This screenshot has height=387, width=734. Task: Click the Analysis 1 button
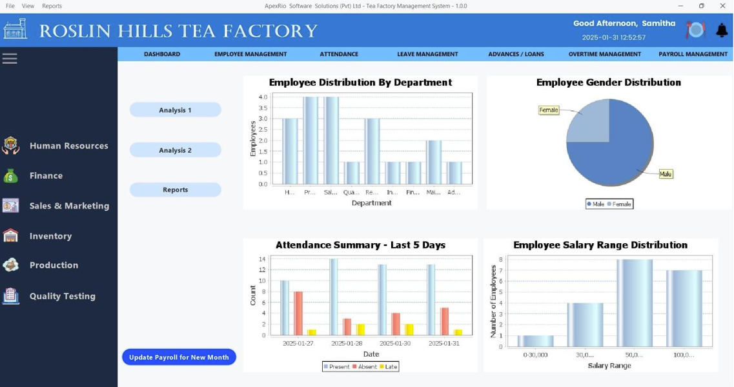[x=175, y=110]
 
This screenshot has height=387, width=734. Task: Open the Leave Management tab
[x=427, y=54]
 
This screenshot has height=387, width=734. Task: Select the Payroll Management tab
[x=693, y=54]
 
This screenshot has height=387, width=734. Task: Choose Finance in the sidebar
[x=46, y=175]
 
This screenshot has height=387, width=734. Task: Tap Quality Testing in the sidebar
[x=62, y=296]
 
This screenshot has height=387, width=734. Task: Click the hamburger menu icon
[x=10, y=59]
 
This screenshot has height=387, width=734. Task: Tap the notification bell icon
[x=722, y=30]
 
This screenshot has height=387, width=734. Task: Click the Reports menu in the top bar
[x=52, y=6]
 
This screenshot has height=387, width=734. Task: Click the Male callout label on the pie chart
[x=666, y=174]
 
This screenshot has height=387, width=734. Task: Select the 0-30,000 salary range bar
[x=535, y=341]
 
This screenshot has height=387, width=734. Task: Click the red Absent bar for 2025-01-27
[x=298, y=313]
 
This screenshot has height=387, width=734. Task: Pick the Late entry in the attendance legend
[x=389, y=366]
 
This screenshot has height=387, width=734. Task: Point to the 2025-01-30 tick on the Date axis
[x=396, y=343]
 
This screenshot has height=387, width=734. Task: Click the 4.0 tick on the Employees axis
[x=263, y=97]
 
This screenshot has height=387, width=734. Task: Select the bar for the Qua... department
[x=352, y=173]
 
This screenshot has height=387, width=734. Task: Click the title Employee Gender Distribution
[x=608, y=83]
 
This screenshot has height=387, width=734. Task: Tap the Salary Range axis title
[x=609, y=366]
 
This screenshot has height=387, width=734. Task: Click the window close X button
[x=722, y=6]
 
